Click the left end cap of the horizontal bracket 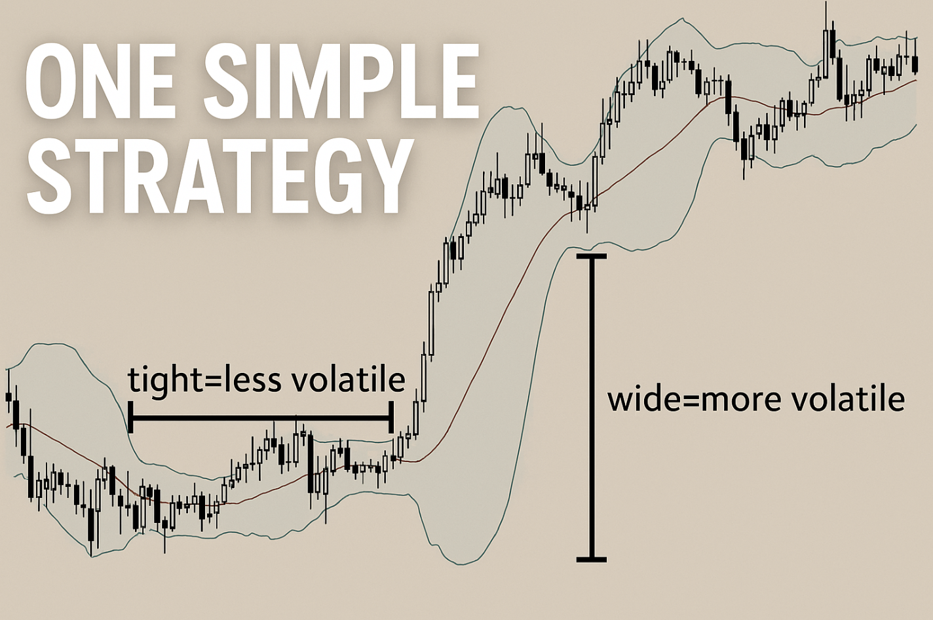pos(131,417)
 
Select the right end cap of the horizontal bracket pos(390,417)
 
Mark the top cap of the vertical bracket pos(592,256)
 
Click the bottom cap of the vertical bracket pos(592,560)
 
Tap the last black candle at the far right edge pos(915,64)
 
